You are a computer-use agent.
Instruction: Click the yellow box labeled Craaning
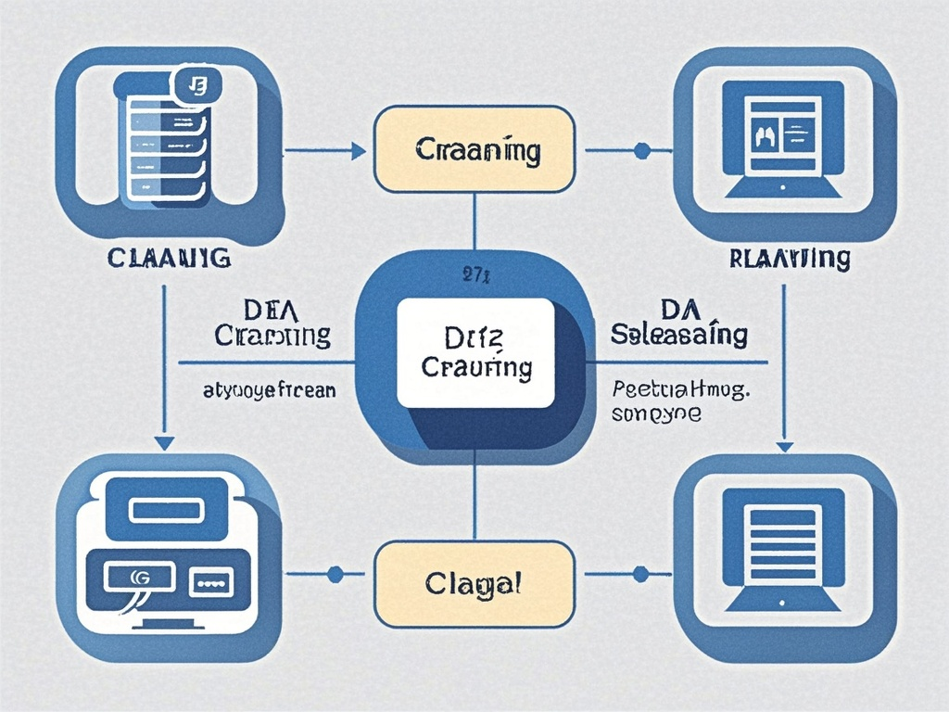click(x=474, y=149)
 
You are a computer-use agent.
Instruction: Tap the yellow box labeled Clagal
click(x=474, y=584)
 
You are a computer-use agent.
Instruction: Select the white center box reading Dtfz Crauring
click(x=476, y=353)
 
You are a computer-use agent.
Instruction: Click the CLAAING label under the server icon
click(x=168, y=257)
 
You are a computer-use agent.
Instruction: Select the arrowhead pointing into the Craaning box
click(x=358, y=149)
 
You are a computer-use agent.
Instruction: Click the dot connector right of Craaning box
click(x=639, y=149)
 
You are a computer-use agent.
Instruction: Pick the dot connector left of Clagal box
click(x=335, y=575)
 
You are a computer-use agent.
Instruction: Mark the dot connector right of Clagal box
click(x=639, y=575)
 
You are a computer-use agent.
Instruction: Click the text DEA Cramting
click(x=272, y=323)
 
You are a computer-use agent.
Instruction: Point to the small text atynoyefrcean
click(x=269, y=390)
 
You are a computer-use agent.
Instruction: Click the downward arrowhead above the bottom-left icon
click(x=164, y=442)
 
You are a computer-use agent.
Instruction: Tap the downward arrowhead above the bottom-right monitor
click(x=784, y=445)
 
